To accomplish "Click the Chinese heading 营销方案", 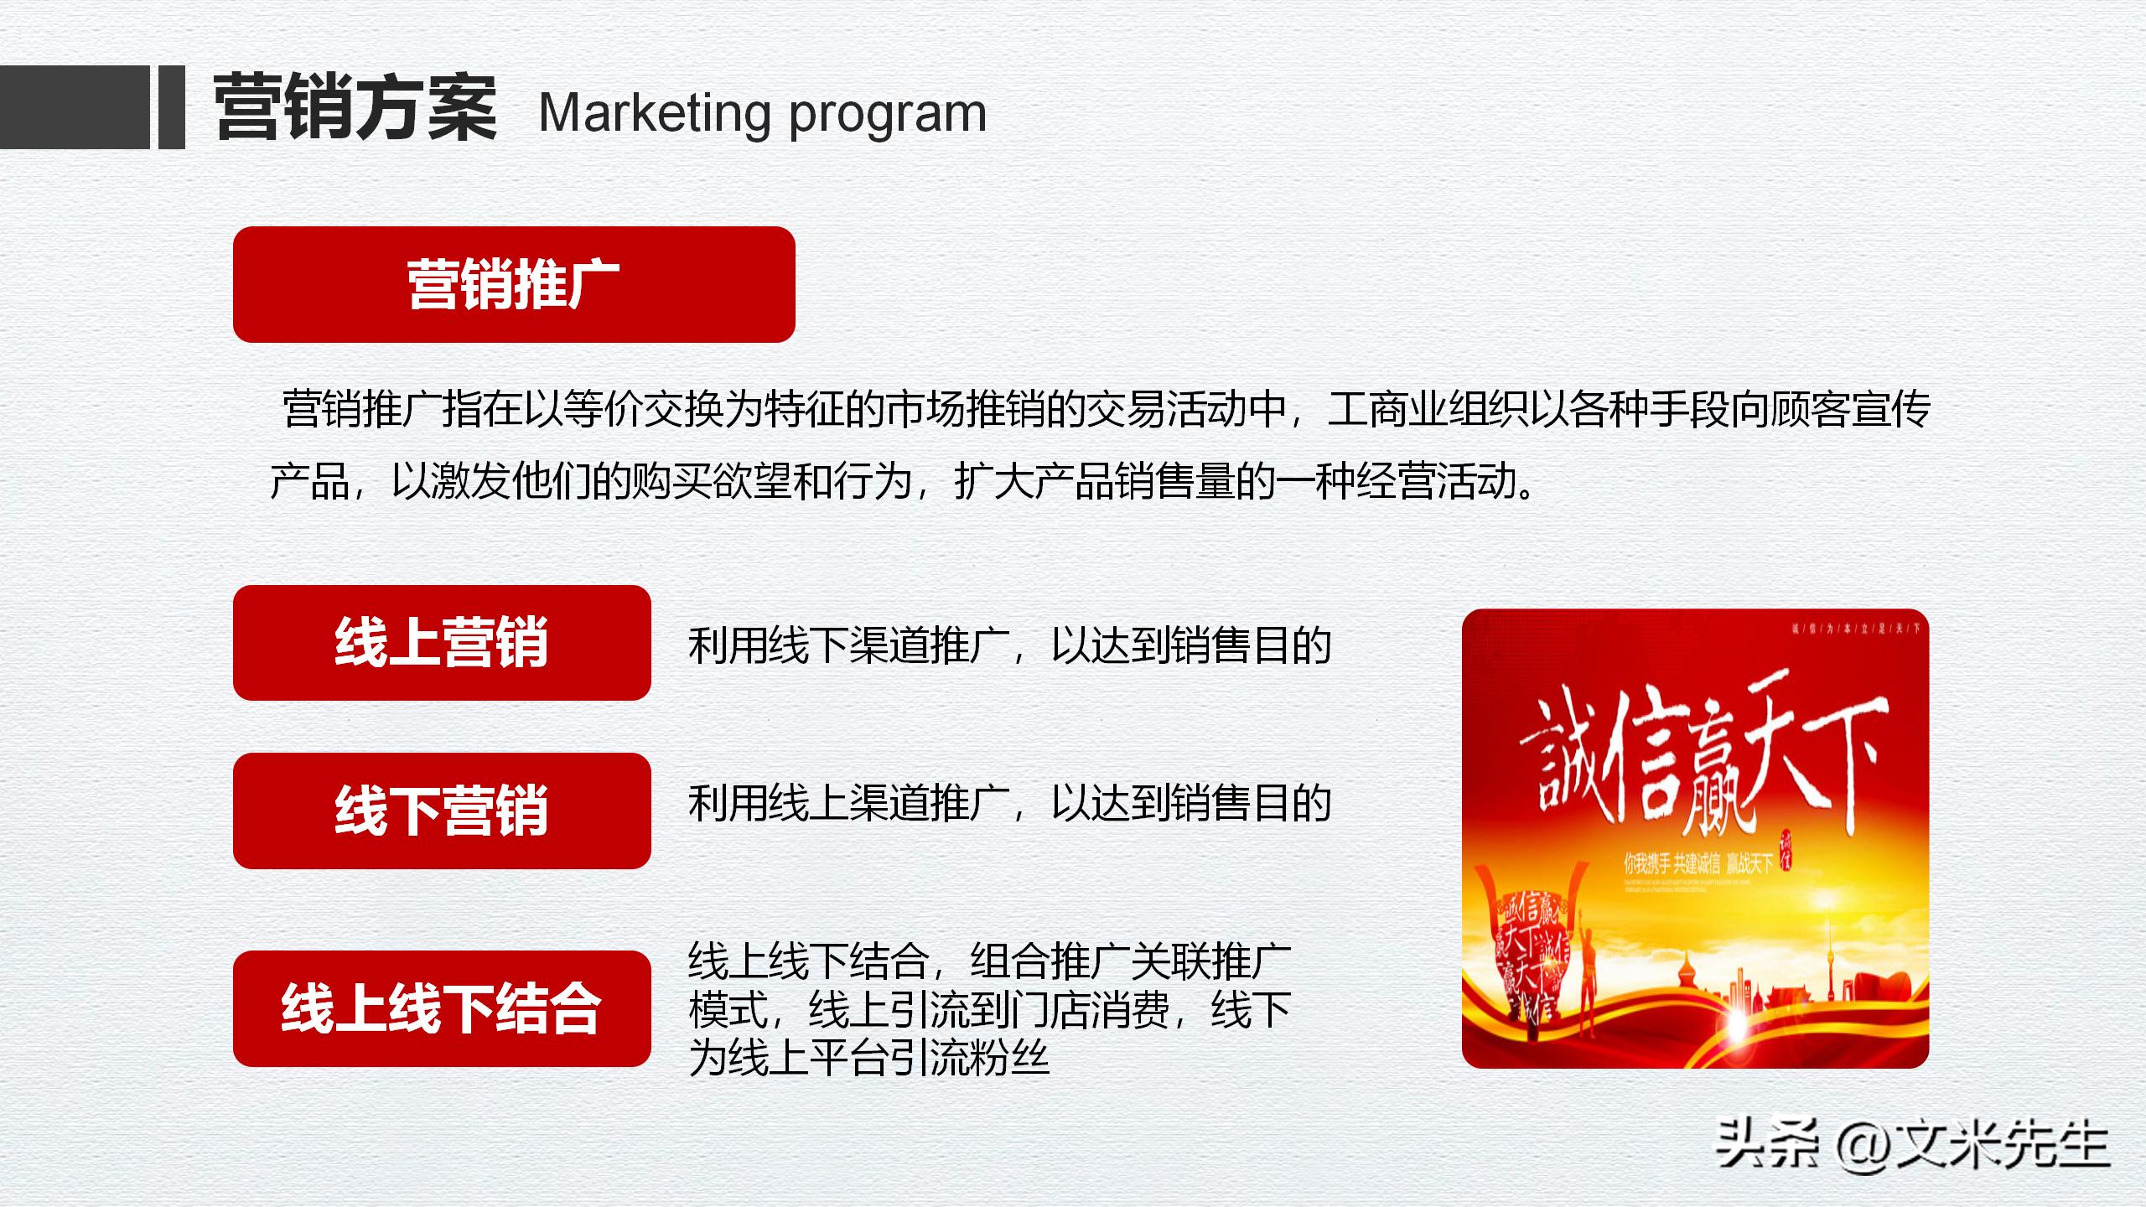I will [x=355, y=109].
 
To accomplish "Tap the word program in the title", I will [x=888, y=116].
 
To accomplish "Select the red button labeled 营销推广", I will [x=513, y=284].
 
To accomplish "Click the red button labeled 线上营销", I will [x=441, y=643].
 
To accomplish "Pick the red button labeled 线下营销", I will [x=441, y=811].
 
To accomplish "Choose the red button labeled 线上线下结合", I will [x=441, y=1008].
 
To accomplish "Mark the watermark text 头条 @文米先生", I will [x=1912, y=1144].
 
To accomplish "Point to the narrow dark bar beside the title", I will [x=171, y=107].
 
